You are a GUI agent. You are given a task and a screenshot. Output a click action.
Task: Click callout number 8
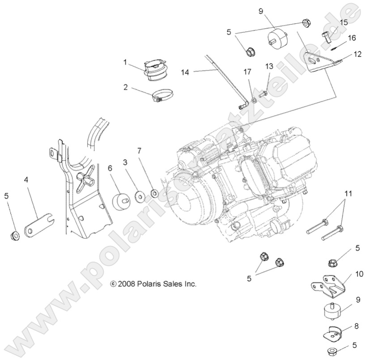coord(357,326)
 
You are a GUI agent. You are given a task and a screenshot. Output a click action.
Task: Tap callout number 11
coord(348,194)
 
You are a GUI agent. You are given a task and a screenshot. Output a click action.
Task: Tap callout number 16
coord(352,38)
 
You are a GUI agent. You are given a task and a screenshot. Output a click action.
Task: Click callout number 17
coord(247,72)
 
